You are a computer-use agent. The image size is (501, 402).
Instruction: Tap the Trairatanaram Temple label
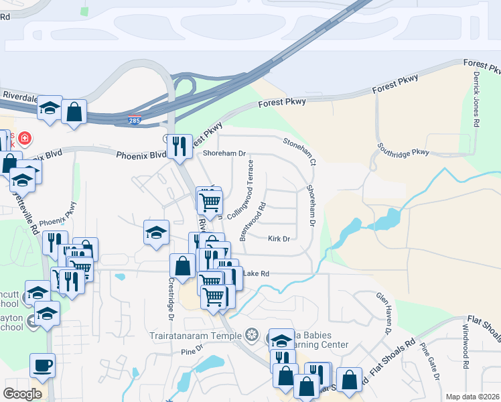(196, 334)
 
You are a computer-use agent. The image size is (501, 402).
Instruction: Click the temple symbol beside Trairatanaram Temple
(252, 334)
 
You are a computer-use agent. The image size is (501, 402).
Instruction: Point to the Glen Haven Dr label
(383, 314)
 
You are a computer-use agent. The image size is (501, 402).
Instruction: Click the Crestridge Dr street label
(170, 296)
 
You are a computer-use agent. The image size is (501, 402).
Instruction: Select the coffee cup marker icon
(43, 365)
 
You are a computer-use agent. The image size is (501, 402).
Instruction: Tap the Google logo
(22, 394)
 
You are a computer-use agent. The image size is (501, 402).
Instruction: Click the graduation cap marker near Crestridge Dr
(157, 233)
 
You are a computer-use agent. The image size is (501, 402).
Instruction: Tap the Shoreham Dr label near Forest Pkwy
(224, 153)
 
